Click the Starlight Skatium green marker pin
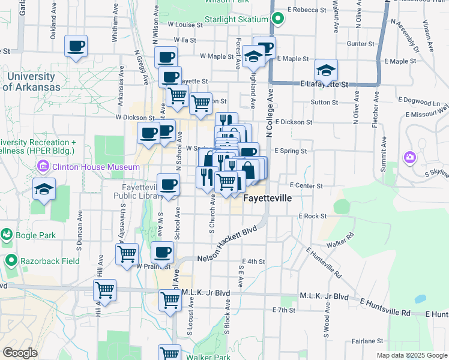(277, 19)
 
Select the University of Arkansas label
(34, 82)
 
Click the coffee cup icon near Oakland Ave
(76, 46)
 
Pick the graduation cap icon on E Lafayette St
(326, 70)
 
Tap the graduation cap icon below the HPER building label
(44, 189)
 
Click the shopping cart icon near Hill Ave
(104, 290)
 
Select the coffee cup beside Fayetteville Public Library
(169, 185)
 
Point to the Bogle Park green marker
(7, 233)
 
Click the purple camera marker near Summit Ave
(410, 158)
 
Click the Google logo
(20, 353)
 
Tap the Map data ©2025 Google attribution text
(411, 355)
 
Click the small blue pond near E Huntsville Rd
(421, 298)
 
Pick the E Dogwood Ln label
(420, 103)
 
